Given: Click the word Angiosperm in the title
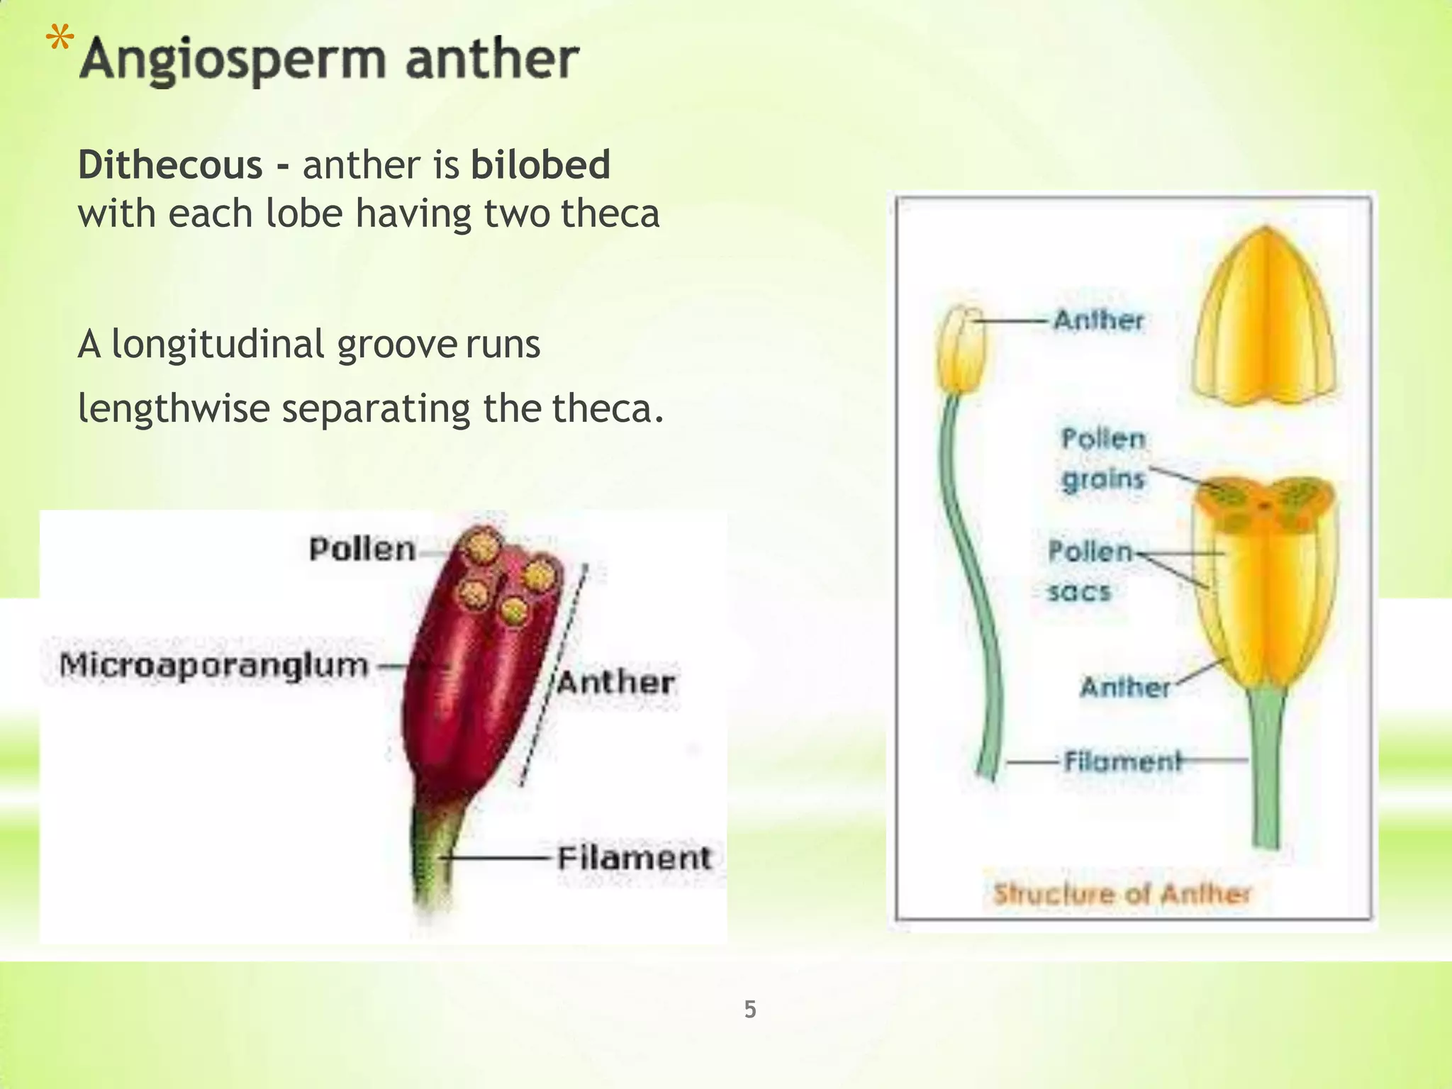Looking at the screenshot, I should [x=233, y=60].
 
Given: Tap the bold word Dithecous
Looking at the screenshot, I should [x=170, y=165].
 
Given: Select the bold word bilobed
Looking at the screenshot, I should [x=540, y=165].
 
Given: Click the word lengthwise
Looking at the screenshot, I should [x=174, y=409].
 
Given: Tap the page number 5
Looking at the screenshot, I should [x=750, y=1009].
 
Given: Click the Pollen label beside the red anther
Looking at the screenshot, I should [x=362, y=549].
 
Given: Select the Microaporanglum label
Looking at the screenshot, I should [x=214, y=666].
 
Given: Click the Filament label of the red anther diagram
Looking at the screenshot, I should [x=633, y=859].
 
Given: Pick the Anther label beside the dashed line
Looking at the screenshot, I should [x=615, y=683].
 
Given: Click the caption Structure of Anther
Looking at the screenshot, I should [x=1122, y=894].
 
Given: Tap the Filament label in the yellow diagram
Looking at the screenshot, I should [x=1123, y=761].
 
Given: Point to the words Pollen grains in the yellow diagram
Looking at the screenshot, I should [x=1103, y=459].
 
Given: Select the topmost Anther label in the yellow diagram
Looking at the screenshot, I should [x=1098, y=320].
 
